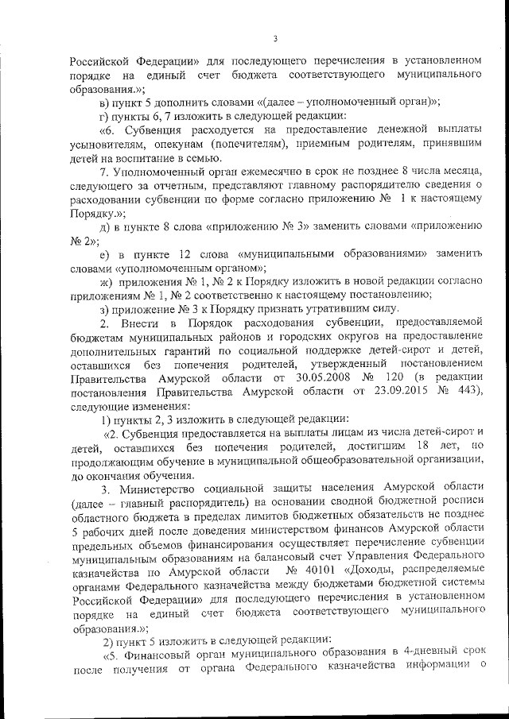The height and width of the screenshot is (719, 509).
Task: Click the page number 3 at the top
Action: [274, 38]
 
